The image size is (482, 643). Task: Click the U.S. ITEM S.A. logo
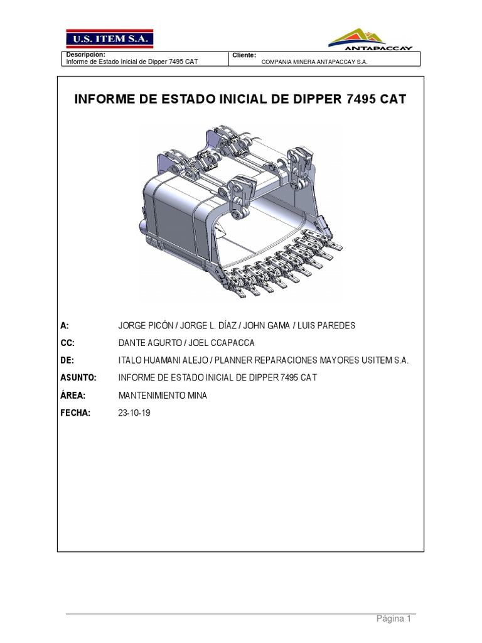point(110,38)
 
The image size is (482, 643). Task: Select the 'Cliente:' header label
point(244,55)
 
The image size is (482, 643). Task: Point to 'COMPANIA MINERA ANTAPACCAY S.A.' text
point(314,62)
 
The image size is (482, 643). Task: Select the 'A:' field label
point(65,325)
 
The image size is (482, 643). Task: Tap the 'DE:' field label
point(67,360)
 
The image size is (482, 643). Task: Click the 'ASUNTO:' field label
point(78,377)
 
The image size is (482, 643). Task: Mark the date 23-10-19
point(134,413)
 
